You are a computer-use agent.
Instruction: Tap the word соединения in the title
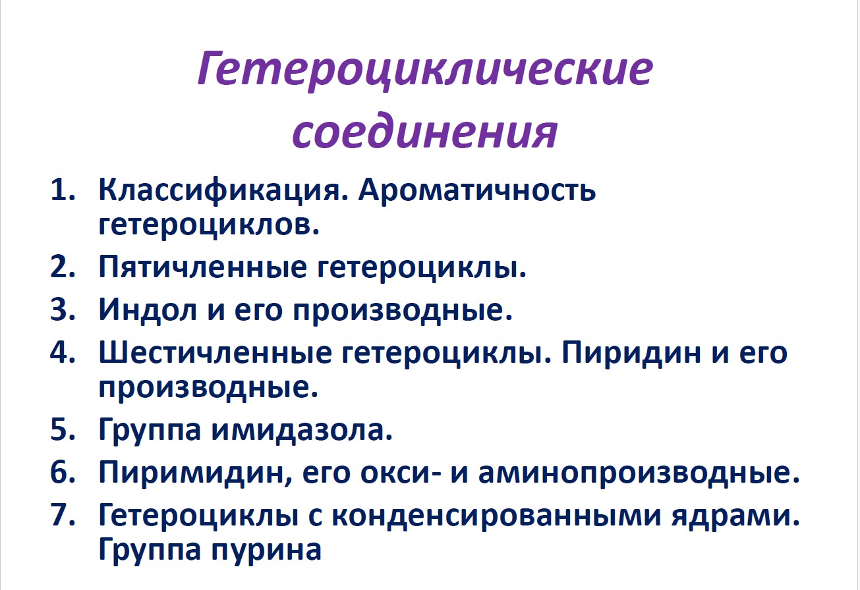coord(425,130)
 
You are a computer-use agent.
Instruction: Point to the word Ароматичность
coord(478,192)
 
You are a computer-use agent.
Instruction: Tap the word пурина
coord(266,549)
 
